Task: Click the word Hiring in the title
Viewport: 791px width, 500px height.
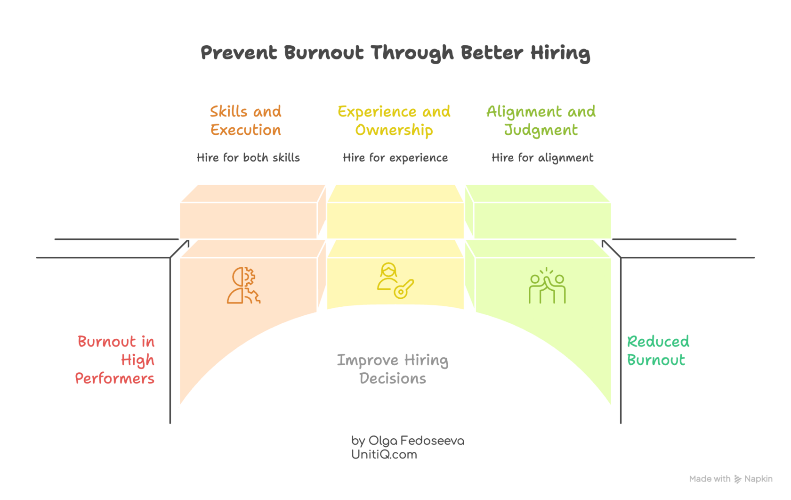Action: (560, 53)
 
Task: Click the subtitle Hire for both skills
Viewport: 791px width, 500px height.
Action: (248, 157)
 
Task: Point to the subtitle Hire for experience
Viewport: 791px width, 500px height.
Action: (395, 157)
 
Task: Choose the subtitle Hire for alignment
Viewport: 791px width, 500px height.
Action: (542, 157)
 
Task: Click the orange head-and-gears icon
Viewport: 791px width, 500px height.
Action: (243, 285)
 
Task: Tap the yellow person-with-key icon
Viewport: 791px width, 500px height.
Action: (395, 281)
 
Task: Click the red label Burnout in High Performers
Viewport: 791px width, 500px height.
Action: (116, 360)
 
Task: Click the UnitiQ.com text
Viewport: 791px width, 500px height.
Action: (384, 455)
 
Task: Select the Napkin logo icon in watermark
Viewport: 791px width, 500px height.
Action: (738, 479)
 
